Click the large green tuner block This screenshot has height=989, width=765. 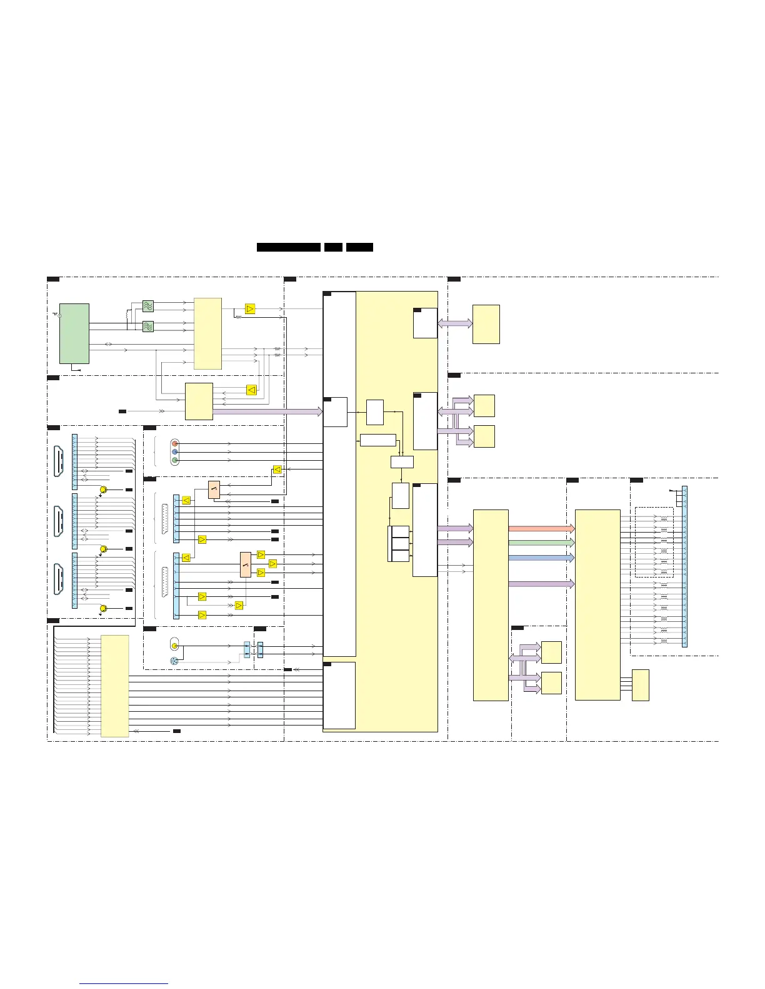point(74,333)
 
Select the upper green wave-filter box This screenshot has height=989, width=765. point(148,306)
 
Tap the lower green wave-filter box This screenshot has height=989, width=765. point(148,326)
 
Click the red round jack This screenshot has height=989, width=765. point(175,443)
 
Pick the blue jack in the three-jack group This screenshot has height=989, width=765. point(175,452)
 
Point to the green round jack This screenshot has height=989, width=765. point(175,461)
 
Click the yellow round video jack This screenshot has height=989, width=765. point(175,646)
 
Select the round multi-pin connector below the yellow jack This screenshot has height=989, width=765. point(174,661)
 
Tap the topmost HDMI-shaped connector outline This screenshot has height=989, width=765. point(59,462)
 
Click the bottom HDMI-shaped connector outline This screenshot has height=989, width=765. point(59,580)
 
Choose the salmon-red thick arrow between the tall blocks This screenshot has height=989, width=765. point(541,529)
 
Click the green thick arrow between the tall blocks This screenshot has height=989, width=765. point(541,543)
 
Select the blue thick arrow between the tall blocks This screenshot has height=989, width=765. point(541,558)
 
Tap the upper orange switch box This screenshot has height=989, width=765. point(214,490)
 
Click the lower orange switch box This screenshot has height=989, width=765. point(246,564)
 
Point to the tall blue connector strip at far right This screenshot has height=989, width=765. point(684,566)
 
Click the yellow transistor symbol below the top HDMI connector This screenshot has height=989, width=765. point(104,490)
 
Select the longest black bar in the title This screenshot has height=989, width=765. point(289,247)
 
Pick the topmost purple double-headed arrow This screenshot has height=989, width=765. point(455,323)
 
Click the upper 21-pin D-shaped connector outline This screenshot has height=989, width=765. point(165,518)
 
